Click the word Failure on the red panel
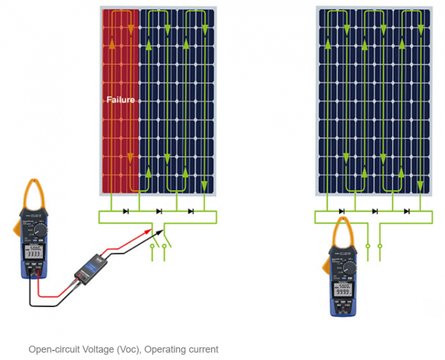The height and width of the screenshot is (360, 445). click(x=121, y=100)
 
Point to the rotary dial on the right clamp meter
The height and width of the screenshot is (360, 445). click(x=349, y=268)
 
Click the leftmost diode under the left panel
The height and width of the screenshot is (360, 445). click(x=126, y=211)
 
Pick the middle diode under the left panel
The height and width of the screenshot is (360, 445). click(x=159, y=211)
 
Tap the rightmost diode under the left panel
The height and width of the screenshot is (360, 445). click(x=191, y=211)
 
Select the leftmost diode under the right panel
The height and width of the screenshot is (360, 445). click(x=342, y=211)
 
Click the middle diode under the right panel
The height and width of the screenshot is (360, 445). click(x=375, y=211)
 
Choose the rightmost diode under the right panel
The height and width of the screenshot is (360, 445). click(x=407, y=211)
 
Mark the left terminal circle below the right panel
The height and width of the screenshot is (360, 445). click(x=367, y=245)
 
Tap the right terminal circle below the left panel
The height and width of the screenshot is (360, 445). click(x=165, y=245)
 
